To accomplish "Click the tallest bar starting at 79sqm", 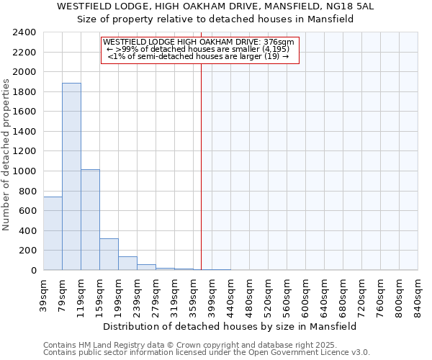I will pyautogui.click(x=71, y=176).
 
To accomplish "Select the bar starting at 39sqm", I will pyautogui.click(x=53, y=233).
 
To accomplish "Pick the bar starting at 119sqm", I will pyautogui.click(x=90, y=220).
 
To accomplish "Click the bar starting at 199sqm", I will pyautogui.click(x=127, y=264).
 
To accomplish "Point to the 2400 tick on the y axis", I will pyautogui.click(x=25, y=32).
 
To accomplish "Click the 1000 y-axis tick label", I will pyautogui.click(x=25, y=171).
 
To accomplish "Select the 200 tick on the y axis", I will pyautogui.click(x=28, y=251).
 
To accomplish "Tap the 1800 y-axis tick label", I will pyautogui.click(x=25, y=92).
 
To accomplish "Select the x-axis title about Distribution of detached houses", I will pyautogui.click(x=230, y=326).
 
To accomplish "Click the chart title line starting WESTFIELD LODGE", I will pyautogui.click(x=215, y=6).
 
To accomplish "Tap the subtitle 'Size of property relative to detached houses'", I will pyautogui.click(x=215, y=19).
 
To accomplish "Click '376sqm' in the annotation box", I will pyautogui.click(x=280, y=42).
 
